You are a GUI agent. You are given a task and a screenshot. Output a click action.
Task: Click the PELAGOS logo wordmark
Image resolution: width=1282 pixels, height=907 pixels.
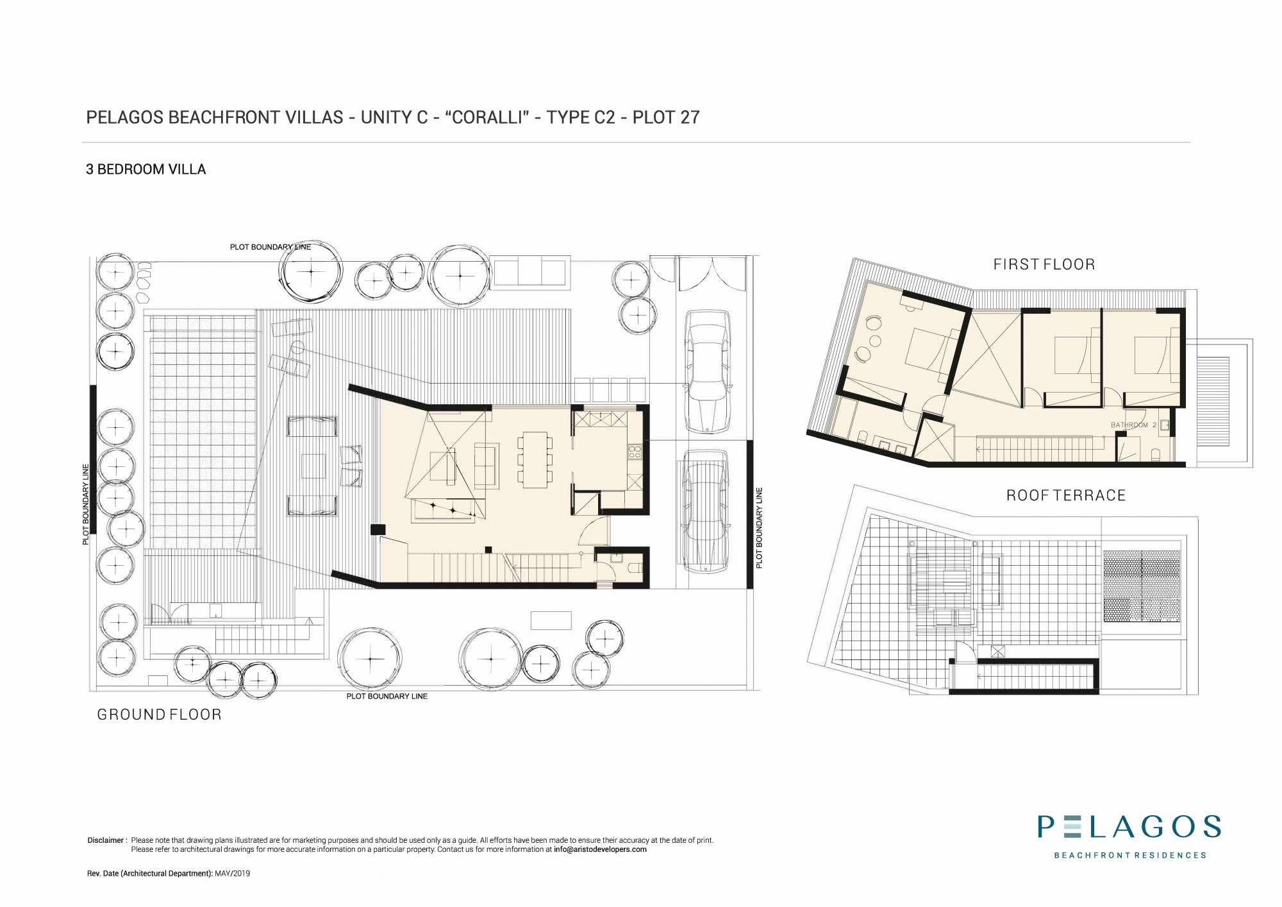pos(1129,826)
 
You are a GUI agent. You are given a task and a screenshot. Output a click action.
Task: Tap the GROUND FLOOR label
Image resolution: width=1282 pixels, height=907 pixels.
pos(159,715)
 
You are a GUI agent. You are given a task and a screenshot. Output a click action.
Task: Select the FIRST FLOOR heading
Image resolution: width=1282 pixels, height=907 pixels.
pos(1044,264)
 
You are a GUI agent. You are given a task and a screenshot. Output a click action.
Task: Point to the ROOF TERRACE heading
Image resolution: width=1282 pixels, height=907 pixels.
pos(1066,495)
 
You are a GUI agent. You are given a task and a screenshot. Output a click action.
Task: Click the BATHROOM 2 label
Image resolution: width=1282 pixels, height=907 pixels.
pos(1133,425)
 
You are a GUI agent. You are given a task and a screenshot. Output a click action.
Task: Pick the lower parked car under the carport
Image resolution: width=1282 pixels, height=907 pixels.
pos(704,510)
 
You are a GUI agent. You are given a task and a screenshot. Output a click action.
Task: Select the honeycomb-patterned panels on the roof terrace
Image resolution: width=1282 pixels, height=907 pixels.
pos(1142,586)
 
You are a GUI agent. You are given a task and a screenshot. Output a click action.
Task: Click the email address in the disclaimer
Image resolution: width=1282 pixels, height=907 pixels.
pos(600,849)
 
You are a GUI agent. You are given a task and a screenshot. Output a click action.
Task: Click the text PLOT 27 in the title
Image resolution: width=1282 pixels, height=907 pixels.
pos(666,117)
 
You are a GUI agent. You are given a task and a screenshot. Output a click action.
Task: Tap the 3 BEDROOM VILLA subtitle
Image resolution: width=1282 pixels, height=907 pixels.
pos(146,170)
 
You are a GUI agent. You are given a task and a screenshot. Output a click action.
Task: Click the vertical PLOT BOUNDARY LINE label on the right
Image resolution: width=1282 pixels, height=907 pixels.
pos(759,528)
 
